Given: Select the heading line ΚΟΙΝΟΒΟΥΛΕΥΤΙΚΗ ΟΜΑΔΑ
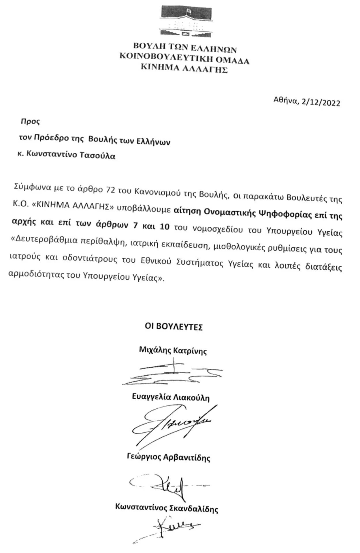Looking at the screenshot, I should [x=184, y=59].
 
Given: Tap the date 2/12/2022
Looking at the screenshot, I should [x=321, y=103].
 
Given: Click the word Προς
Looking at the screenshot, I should [x=30, y=121].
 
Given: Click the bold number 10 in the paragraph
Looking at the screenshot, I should [x=165, y=226].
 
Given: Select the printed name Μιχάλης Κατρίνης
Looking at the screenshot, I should [x=173, y=351].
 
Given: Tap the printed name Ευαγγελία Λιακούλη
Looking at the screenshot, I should [x=171, y=397].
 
